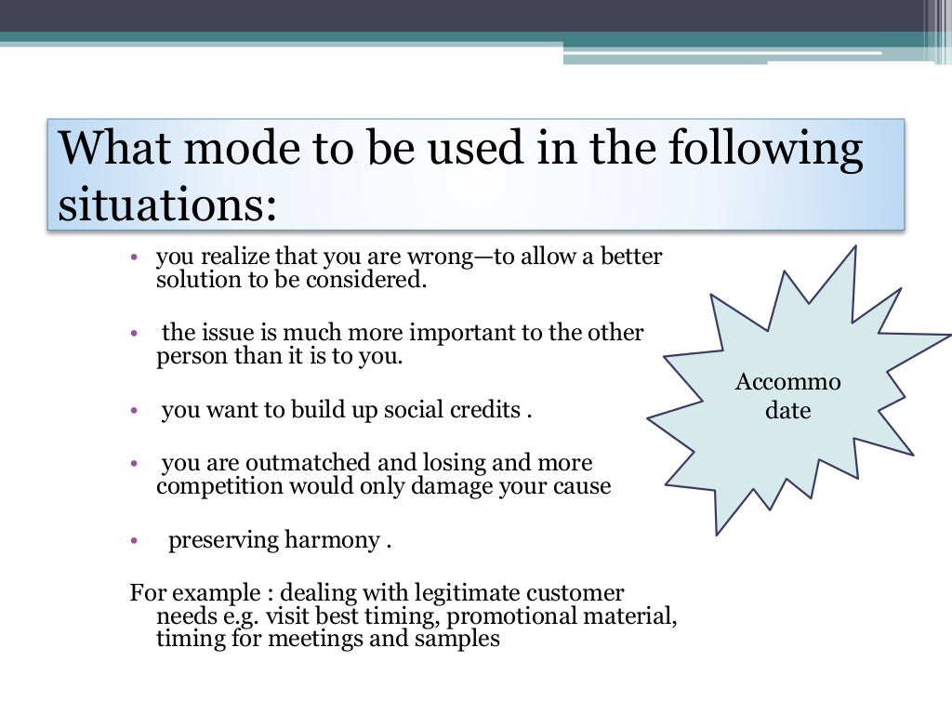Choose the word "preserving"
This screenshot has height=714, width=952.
coord(221,541)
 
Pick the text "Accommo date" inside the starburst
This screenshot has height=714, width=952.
coord(788,396)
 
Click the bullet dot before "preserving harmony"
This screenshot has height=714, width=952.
coord(135,541)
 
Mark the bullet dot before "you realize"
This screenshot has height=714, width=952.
coord(135,257)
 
